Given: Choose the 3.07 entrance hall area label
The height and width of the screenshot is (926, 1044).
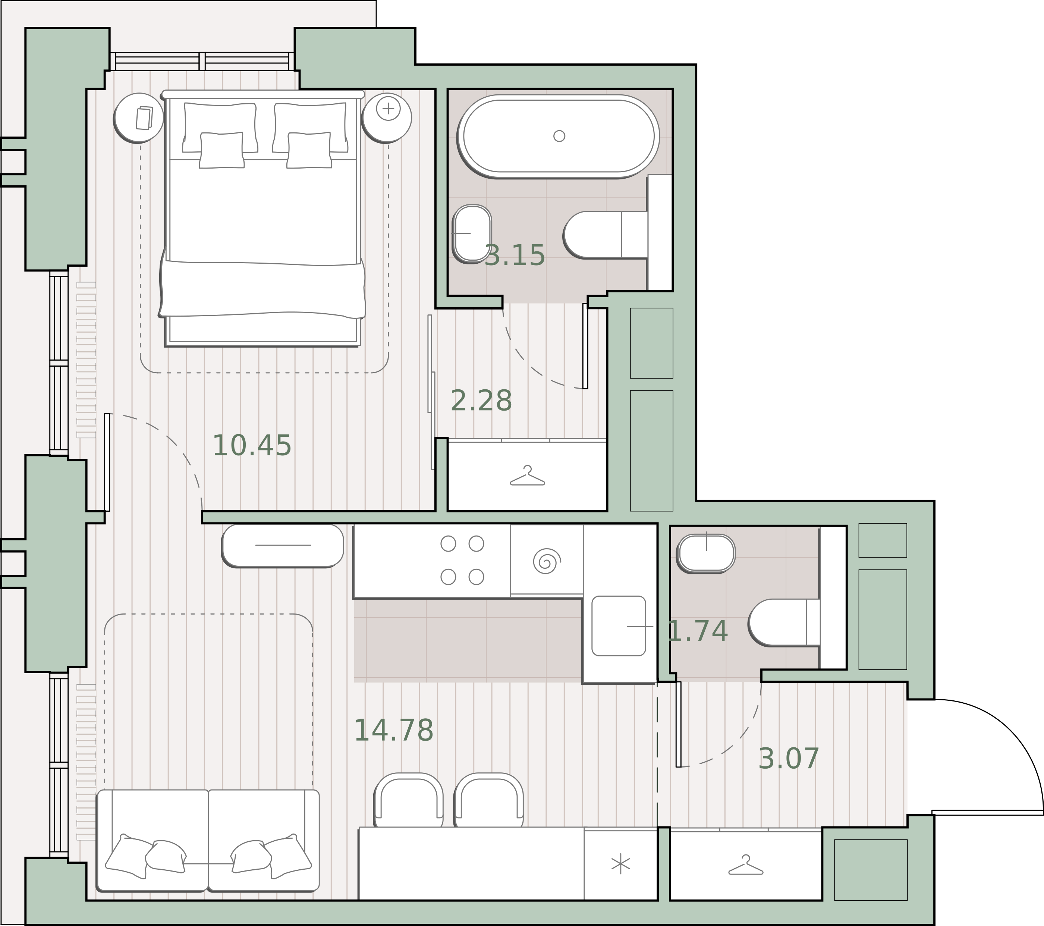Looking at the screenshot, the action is coord(789,759).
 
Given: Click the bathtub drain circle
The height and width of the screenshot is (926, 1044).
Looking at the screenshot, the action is coord(559,136).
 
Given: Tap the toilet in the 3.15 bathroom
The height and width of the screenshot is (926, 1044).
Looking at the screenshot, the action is coord(606,235).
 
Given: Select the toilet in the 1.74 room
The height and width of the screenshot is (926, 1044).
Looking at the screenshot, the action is coord(784,622).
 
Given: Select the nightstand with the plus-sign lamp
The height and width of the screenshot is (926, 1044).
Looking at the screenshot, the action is coord(387,117).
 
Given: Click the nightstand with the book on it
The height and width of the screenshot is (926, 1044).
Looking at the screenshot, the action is coord(138,118).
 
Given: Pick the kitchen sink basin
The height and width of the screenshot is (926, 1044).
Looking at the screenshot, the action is coord(619,626).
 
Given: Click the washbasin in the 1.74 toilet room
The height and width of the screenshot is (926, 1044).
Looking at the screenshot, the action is coord(706,553).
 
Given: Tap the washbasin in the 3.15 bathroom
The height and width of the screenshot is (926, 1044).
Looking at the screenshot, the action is coord(472,233).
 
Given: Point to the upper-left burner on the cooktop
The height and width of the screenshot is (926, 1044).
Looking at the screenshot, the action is coord(448,543).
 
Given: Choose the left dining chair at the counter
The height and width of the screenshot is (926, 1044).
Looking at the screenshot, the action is coord(409,807).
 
